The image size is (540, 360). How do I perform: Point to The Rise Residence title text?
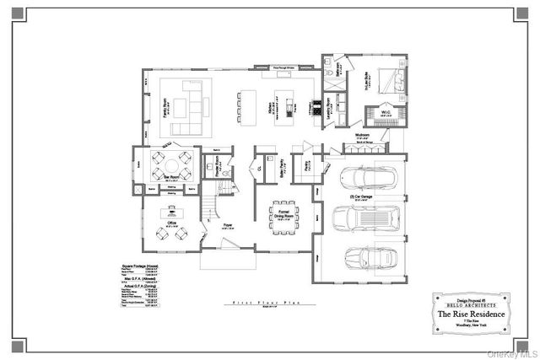pyautogui.click(x=472, y=314)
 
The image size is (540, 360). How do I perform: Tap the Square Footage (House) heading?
pyautogui.click(x=140, y=266)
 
